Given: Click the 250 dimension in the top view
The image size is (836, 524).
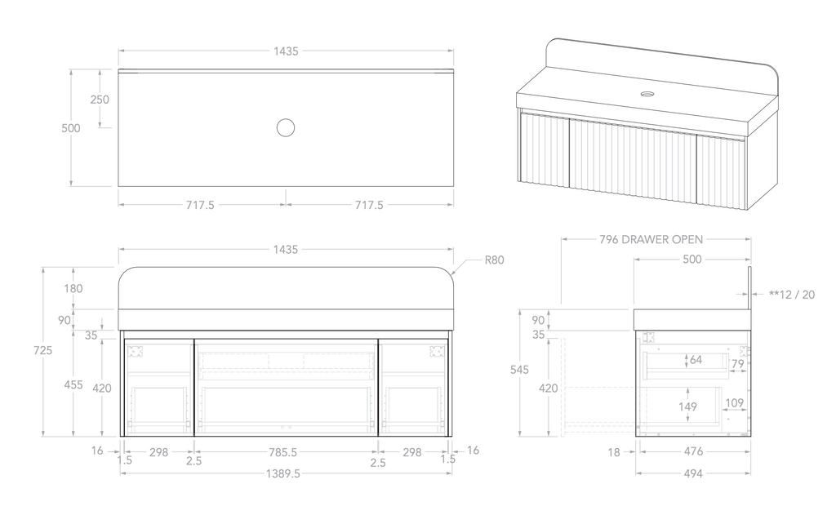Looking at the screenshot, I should [x=100, y=99].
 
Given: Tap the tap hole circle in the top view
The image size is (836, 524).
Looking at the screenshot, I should [x=285, y=127].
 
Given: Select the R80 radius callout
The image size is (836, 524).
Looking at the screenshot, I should [x=494, y=261].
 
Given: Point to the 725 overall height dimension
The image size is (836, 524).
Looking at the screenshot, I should [x=43, y=350].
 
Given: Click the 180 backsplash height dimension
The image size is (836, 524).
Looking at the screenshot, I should [x=73, y=288].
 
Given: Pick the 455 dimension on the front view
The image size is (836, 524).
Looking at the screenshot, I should [x=73, y=384].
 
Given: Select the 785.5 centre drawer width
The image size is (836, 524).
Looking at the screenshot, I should [x=286, y=451].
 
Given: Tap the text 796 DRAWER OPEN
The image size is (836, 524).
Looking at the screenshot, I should [x=651, y=239].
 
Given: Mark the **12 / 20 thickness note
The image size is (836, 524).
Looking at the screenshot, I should [x=791, y=294].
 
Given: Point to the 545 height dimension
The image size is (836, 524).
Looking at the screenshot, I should [x=518, y=369].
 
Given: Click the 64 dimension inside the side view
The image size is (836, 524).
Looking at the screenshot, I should [x=696, y=359].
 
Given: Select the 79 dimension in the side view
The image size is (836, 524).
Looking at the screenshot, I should [x=737, y=363].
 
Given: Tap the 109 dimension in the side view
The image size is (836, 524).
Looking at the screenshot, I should [x=735, y=402].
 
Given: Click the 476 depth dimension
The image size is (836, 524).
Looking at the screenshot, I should [x=692, y=451].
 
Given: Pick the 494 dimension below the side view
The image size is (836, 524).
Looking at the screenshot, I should [x=692, y=473].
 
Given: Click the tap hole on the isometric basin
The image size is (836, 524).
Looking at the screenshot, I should [x=647, y=94].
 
